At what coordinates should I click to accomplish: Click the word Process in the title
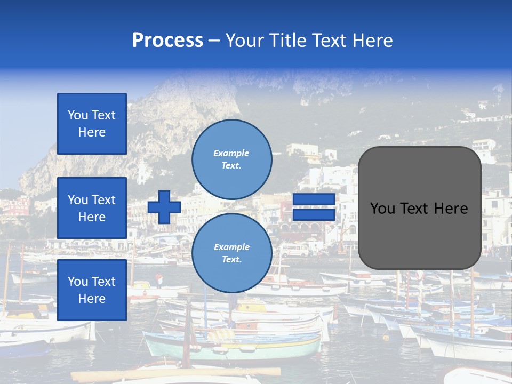[167, 41]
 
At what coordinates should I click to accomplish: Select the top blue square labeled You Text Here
[92, 124]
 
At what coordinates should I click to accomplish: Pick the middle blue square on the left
[92, 208]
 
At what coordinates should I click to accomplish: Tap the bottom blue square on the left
[92, 290]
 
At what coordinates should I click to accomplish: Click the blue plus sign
[164, 207]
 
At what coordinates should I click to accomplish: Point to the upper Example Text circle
[231, 159]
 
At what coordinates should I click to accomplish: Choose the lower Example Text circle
[231, 253]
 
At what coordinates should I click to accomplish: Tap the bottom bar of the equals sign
[314, 214]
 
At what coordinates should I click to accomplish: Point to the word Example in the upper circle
[231, 153]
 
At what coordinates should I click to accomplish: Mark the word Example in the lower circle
[231, 247]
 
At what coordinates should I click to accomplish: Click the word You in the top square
[78, 115]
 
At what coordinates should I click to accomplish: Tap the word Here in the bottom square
[92, 299]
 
